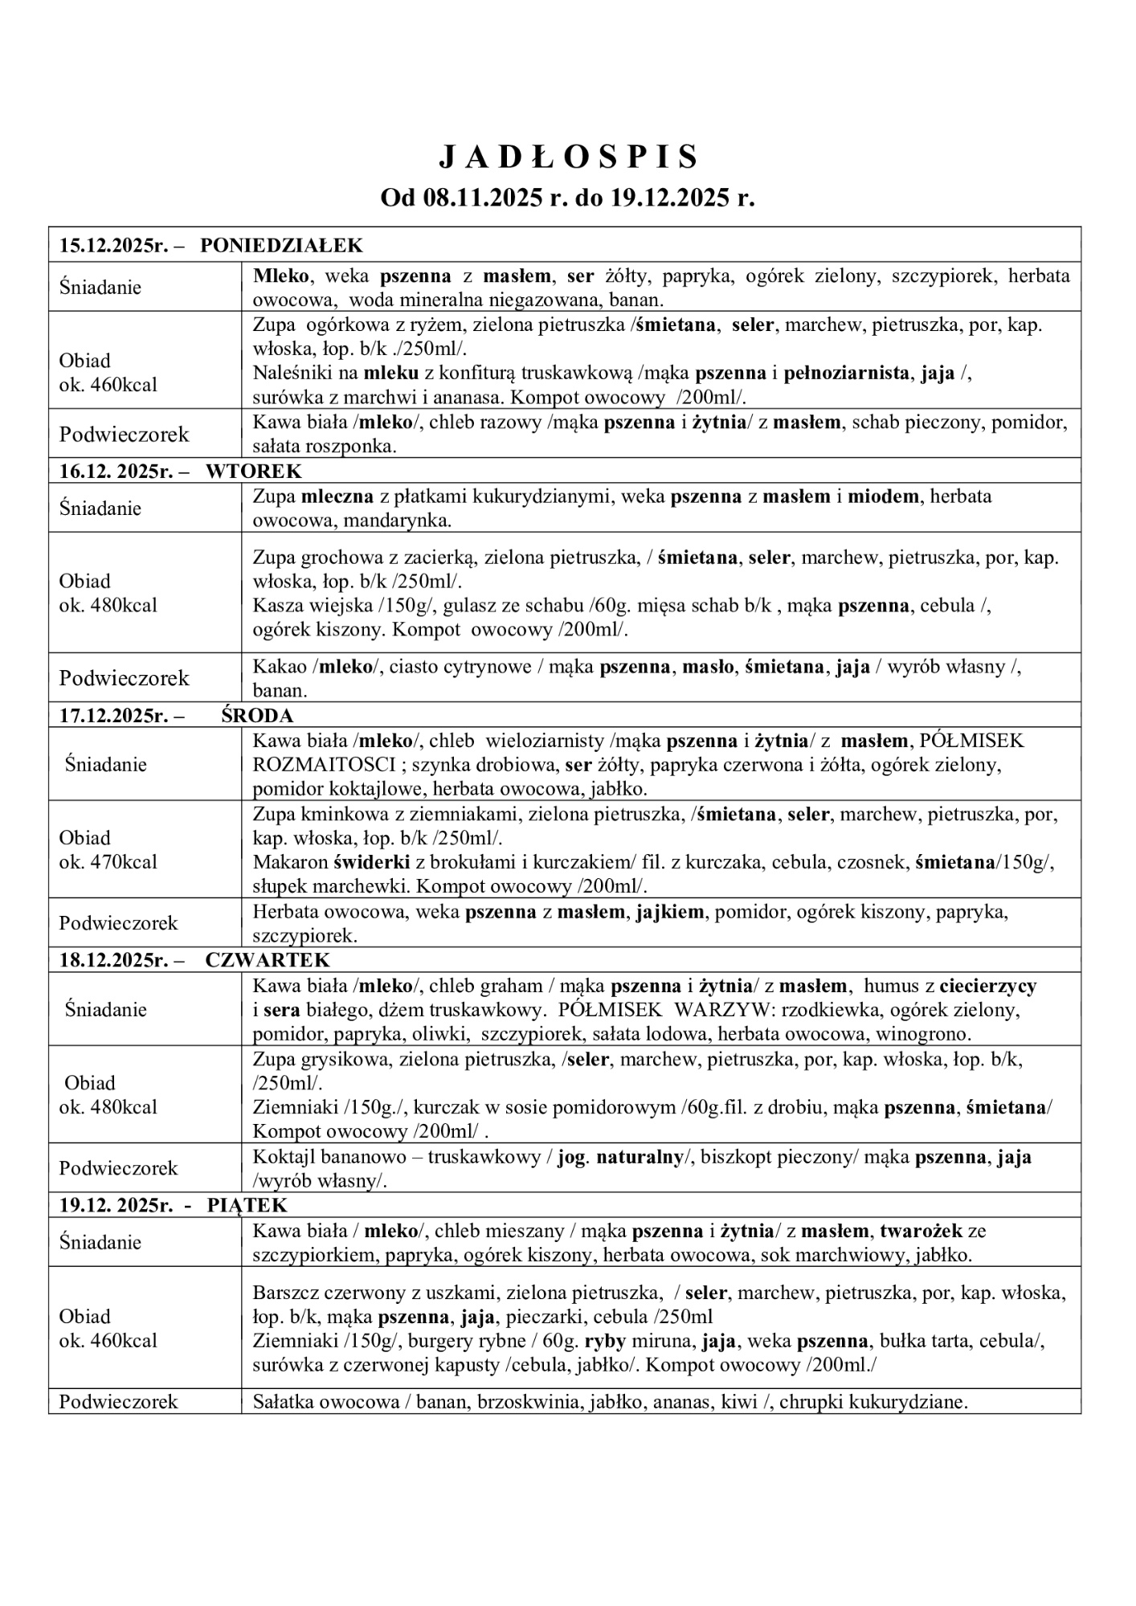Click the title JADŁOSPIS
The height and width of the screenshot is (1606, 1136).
[568, 158]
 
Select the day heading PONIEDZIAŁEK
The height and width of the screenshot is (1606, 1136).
[281, 245]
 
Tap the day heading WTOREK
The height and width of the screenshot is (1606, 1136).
[254, 471]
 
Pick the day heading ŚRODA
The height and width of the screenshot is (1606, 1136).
[257, 715]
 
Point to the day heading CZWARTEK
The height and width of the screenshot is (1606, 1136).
[268, 960]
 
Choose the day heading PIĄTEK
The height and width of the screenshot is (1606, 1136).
[247, 1205]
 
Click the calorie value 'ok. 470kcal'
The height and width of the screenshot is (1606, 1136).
[108, 862]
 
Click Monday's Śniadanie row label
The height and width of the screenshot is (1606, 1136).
[100, 287]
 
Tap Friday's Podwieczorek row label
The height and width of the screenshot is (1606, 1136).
[118, 1402]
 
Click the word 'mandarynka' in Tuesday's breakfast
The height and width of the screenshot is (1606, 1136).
[396, 521]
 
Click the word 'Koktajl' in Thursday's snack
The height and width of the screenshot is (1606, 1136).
[280, 1157]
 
